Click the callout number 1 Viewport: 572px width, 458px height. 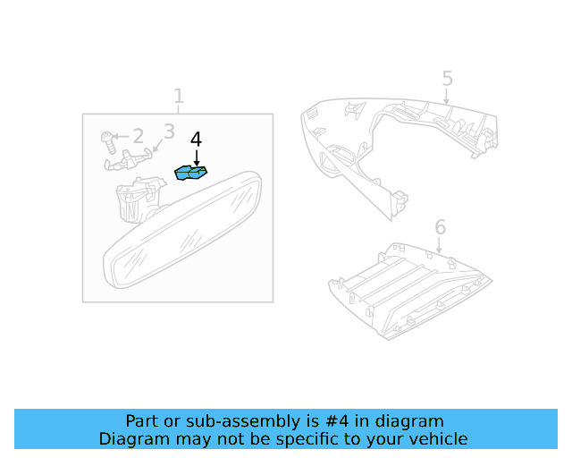click(x=179, y=96)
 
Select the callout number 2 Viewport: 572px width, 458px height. click(x=138, y=136)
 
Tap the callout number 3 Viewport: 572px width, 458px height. click(x=169, y=132)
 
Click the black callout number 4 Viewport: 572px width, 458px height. click(x=196, y=140)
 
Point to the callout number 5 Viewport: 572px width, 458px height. click(x=447, y=79)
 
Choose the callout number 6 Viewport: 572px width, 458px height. click(x=440, y=226)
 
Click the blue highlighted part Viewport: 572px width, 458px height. click(x=191, y=172)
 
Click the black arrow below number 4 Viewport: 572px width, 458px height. click(x=196, y=157)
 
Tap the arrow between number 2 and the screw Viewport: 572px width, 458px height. click(x=122, y=137)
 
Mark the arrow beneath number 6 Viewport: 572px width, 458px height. click(x=440, y=244)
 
